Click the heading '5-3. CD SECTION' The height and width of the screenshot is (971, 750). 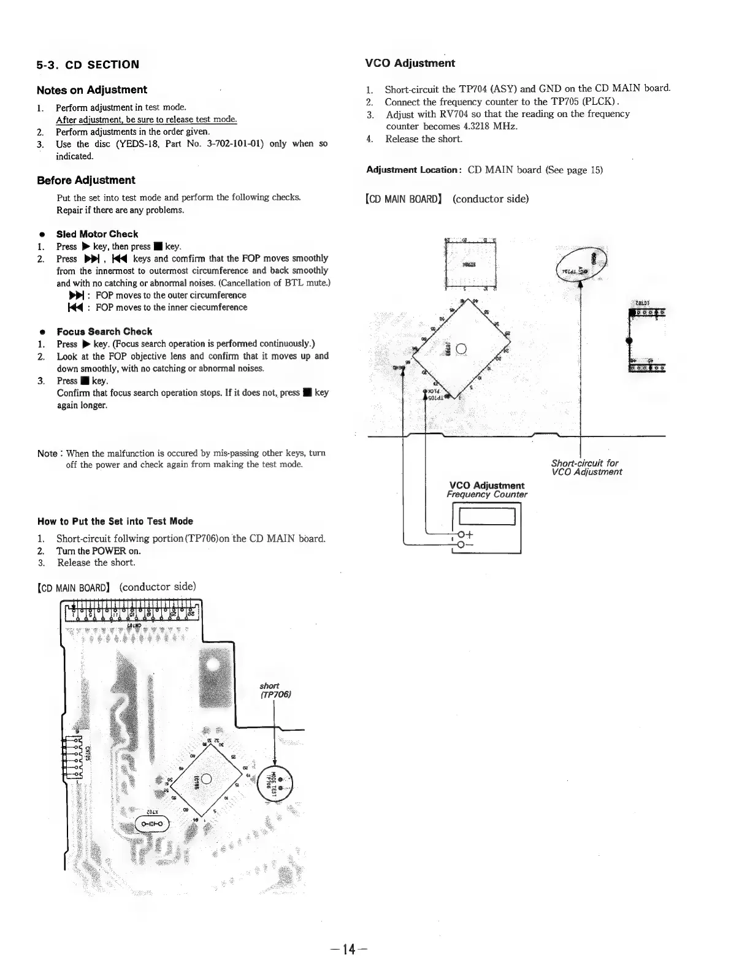tap(88, 64)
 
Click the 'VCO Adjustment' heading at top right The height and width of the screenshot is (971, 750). tap(410, 63)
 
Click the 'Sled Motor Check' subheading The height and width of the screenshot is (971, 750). tap(97, 234)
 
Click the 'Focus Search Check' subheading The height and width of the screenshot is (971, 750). tap(104, 332)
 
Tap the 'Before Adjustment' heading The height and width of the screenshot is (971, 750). tap(86, 180)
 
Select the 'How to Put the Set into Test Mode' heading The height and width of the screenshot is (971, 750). tap(115, 522)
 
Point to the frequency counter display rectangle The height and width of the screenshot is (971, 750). tap(486, 516)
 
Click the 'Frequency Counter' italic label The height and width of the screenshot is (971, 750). tap(486, 495)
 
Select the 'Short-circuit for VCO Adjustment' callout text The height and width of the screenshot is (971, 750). tap(586, 468)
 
